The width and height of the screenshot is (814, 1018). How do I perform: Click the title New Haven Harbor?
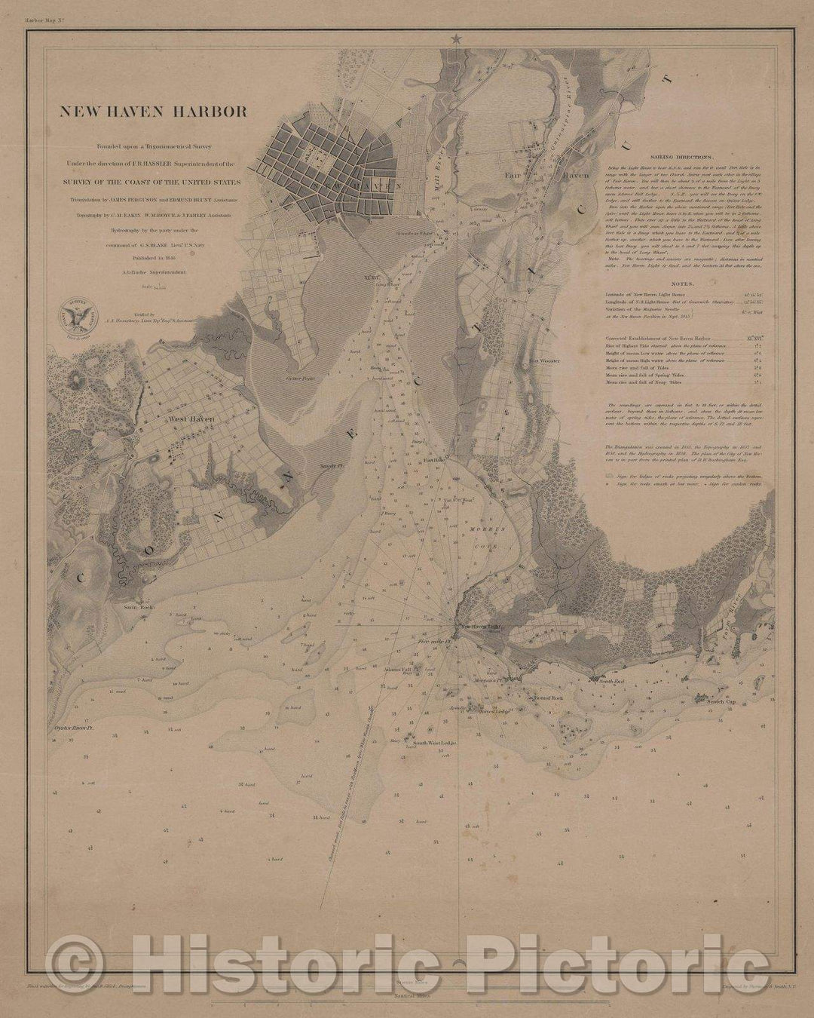153,112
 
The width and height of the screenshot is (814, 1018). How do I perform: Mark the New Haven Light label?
481,627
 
